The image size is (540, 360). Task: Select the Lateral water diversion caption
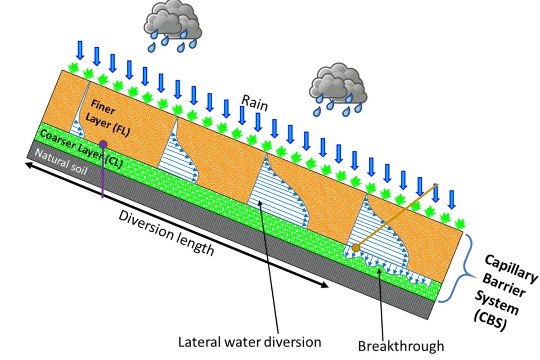pyautogui.click(x=250, y=342)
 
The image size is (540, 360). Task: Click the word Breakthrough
pyautogui.click(x=401, y=346)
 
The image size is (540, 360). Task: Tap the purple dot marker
pyautogui.click(x=103, y=144)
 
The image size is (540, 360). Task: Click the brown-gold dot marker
pyautogui.click(x=356, y=247)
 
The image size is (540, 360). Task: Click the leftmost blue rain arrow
pyautogui.click(x=80, y=50)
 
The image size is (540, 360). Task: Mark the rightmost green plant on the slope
pyautogui.click(x=459, y=223)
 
